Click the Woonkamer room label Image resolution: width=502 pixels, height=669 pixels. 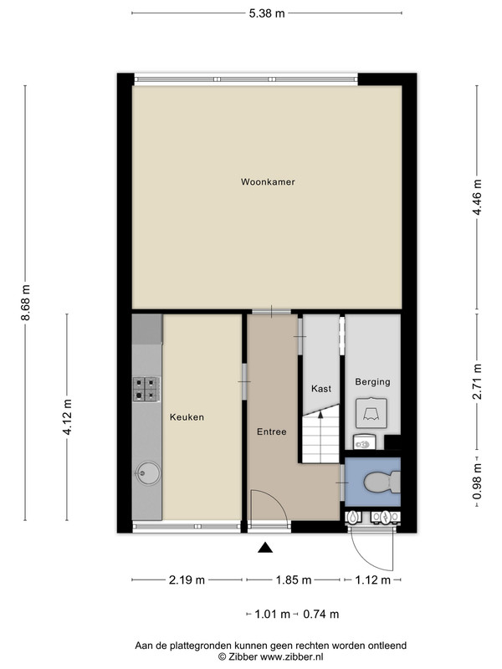point(268,181)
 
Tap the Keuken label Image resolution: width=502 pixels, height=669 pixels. point(187,417)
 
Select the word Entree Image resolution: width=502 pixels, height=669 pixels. point(271,432)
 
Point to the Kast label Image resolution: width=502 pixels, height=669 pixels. point(321,389)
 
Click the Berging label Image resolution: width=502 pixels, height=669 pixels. point(372,382)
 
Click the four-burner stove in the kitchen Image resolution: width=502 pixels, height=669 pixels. point(146,389)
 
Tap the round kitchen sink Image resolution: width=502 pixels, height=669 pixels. point(148,472)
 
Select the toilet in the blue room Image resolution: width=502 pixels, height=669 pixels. point(382,483)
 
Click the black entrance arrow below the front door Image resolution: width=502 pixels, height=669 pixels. point(265,548)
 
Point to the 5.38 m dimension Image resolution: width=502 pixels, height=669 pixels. point(267,13)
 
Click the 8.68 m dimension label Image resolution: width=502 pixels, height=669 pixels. point(26,303)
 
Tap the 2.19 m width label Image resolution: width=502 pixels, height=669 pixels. point(187,580)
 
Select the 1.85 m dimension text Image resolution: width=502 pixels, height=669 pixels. point(294,580)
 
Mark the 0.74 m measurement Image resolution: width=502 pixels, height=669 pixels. point(321,615)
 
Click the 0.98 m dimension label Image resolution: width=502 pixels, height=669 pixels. point(477,482)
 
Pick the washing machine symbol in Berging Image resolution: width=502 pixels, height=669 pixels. point(371,413)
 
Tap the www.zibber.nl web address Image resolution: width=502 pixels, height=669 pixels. point(291,657)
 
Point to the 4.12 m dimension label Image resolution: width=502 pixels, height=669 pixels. point(68,416)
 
